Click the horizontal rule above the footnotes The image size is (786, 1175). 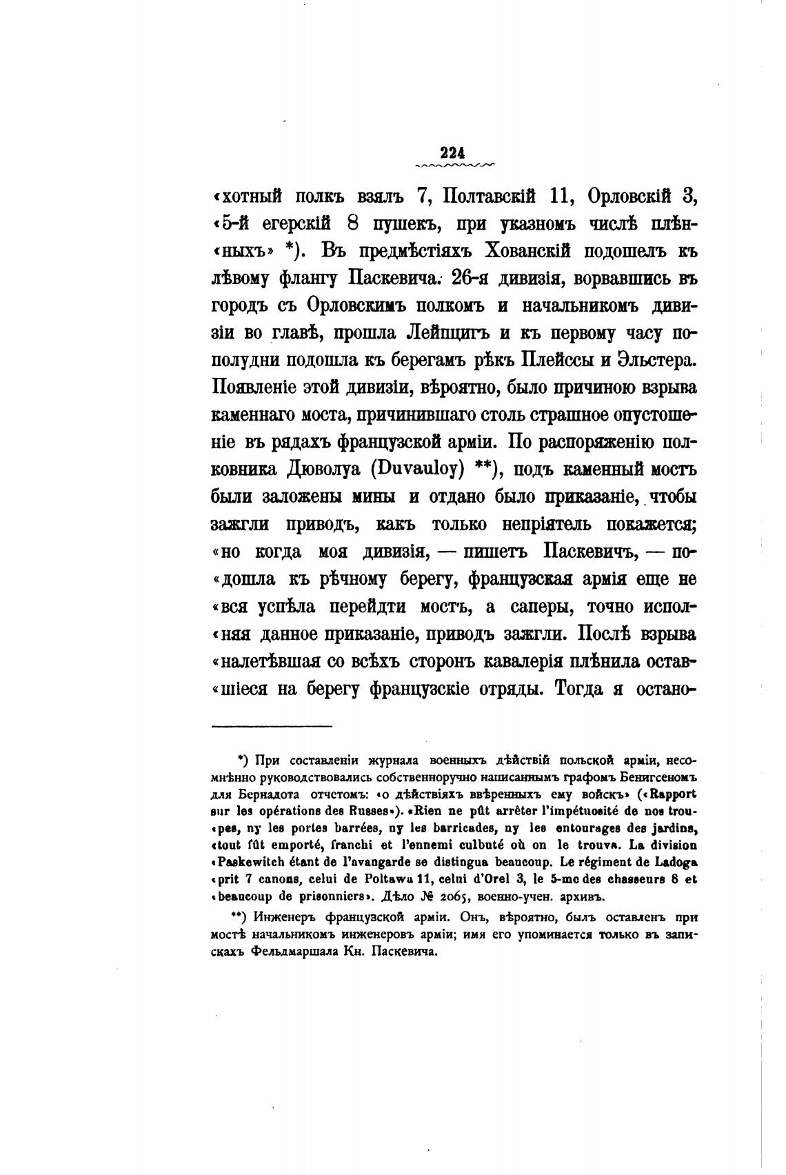(272, 725)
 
